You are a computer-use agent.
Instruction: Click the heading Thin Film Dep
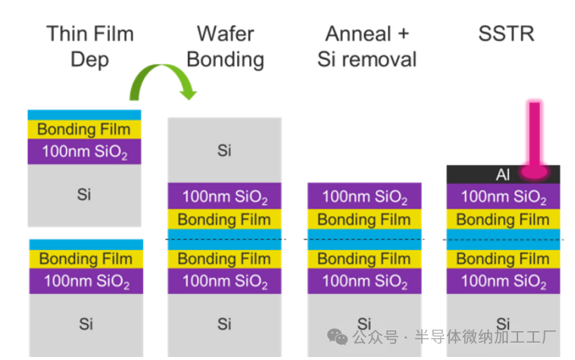[89, 45]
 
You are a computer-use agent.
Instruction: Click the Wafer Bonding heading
[224, 45]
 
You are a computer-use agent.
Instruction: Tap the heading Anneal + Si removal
[367, 45]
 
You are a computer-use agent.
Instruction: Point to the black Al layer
[485, 174]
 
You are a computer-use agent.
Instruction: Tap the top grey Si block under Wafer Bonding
[224, 150]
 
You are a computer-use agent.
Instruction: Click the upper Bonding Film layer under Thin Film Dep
[84, 129]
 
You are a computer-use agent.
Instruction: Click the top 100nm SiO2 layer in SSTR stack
[503, 197]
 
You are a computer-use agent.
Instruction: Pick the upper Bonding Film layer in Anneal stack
[364, 220]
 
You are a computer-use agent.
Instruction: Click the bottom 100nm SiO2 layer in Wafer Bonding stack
[224, 282]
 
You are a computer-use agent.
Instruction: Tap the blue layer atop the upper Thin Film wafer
[84, 114]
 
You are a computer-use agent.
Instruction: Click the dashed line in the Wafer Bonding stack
[224, 239]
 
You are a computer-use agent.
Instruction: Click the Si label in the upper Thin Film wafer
[84, 194]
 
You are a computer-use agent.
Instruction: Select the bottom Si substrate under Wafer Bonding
[224, 324]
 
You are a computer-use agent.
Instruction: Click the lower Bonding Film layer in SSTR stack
[503, 259]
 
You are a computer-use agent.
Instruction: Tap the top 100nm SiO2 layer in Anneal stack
[364, 197]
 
